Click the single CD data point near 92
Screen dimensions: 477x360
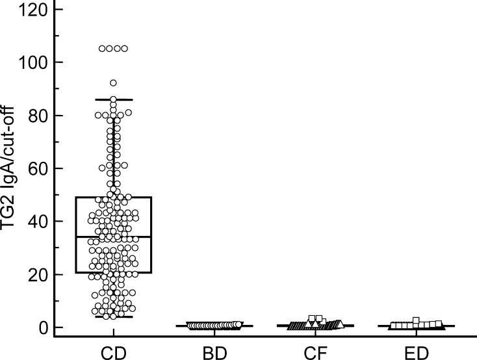(113, 83)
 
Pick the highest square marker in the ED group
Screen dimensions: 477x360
(416, 320)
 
